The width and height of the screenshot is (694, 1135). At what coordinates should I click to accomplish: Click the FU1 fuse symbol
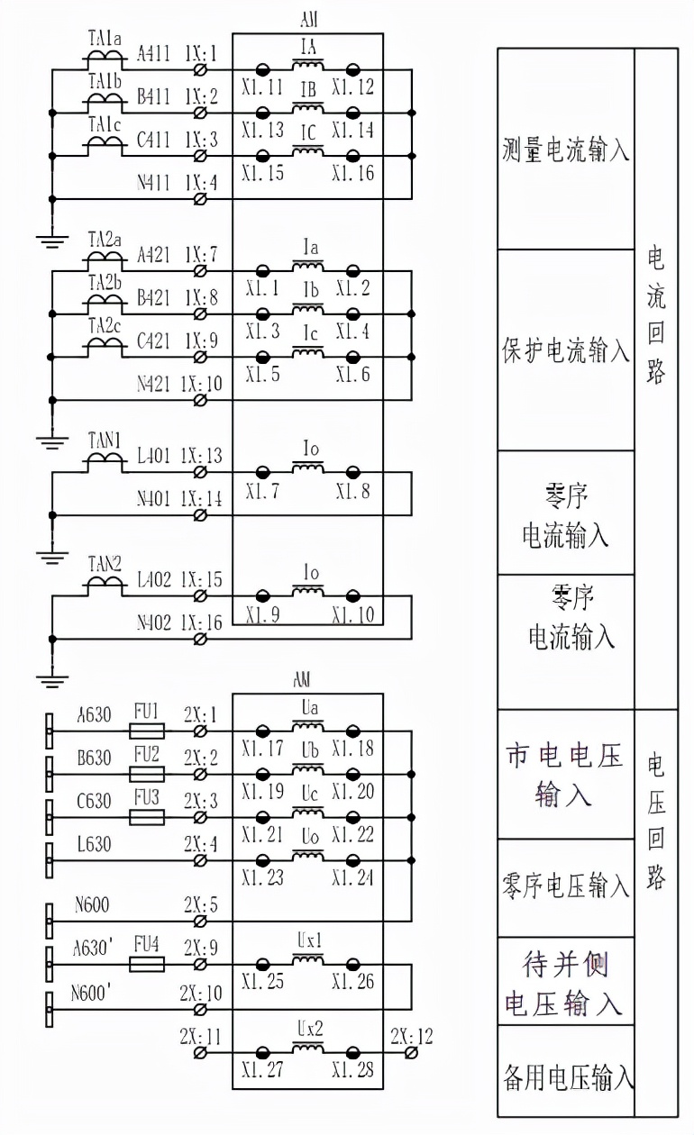point(147,731)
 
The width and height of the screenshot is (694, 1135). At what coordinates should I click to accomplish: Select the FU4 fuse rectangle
point(147,964)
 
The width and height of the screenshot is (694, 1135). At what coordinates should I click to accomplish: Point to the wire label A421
point(153,254)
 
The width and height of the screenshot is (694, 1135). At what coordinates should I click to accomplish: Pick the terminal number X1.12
point(352,87)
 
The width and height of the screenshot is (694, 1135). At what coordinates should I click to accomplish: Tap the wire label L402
point(153,579)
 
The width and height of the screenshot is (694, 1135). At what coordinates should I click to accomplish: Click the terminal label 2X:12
point(411,1036)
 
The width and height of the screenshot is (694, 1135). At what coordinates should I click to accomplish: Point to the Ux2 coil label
point(309,1029)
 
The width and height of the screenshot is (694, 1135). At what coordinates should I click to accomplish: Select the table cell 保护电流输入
point(565,350)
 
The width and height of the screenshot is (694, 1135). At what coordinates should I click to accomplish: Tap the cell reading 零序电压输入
point(565,887)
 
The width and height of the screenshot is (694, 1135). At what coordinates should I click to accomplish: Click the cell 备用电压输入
point(565,1076)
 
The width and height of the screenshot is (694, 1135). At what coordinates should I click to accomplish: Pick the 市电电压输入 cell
point(565,776)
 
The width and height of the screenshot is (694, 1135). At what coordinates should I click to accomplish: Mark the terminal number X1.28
point(352,1069)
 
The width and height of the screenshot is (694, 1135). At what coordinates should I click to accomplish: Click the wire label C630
point(95,800)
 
